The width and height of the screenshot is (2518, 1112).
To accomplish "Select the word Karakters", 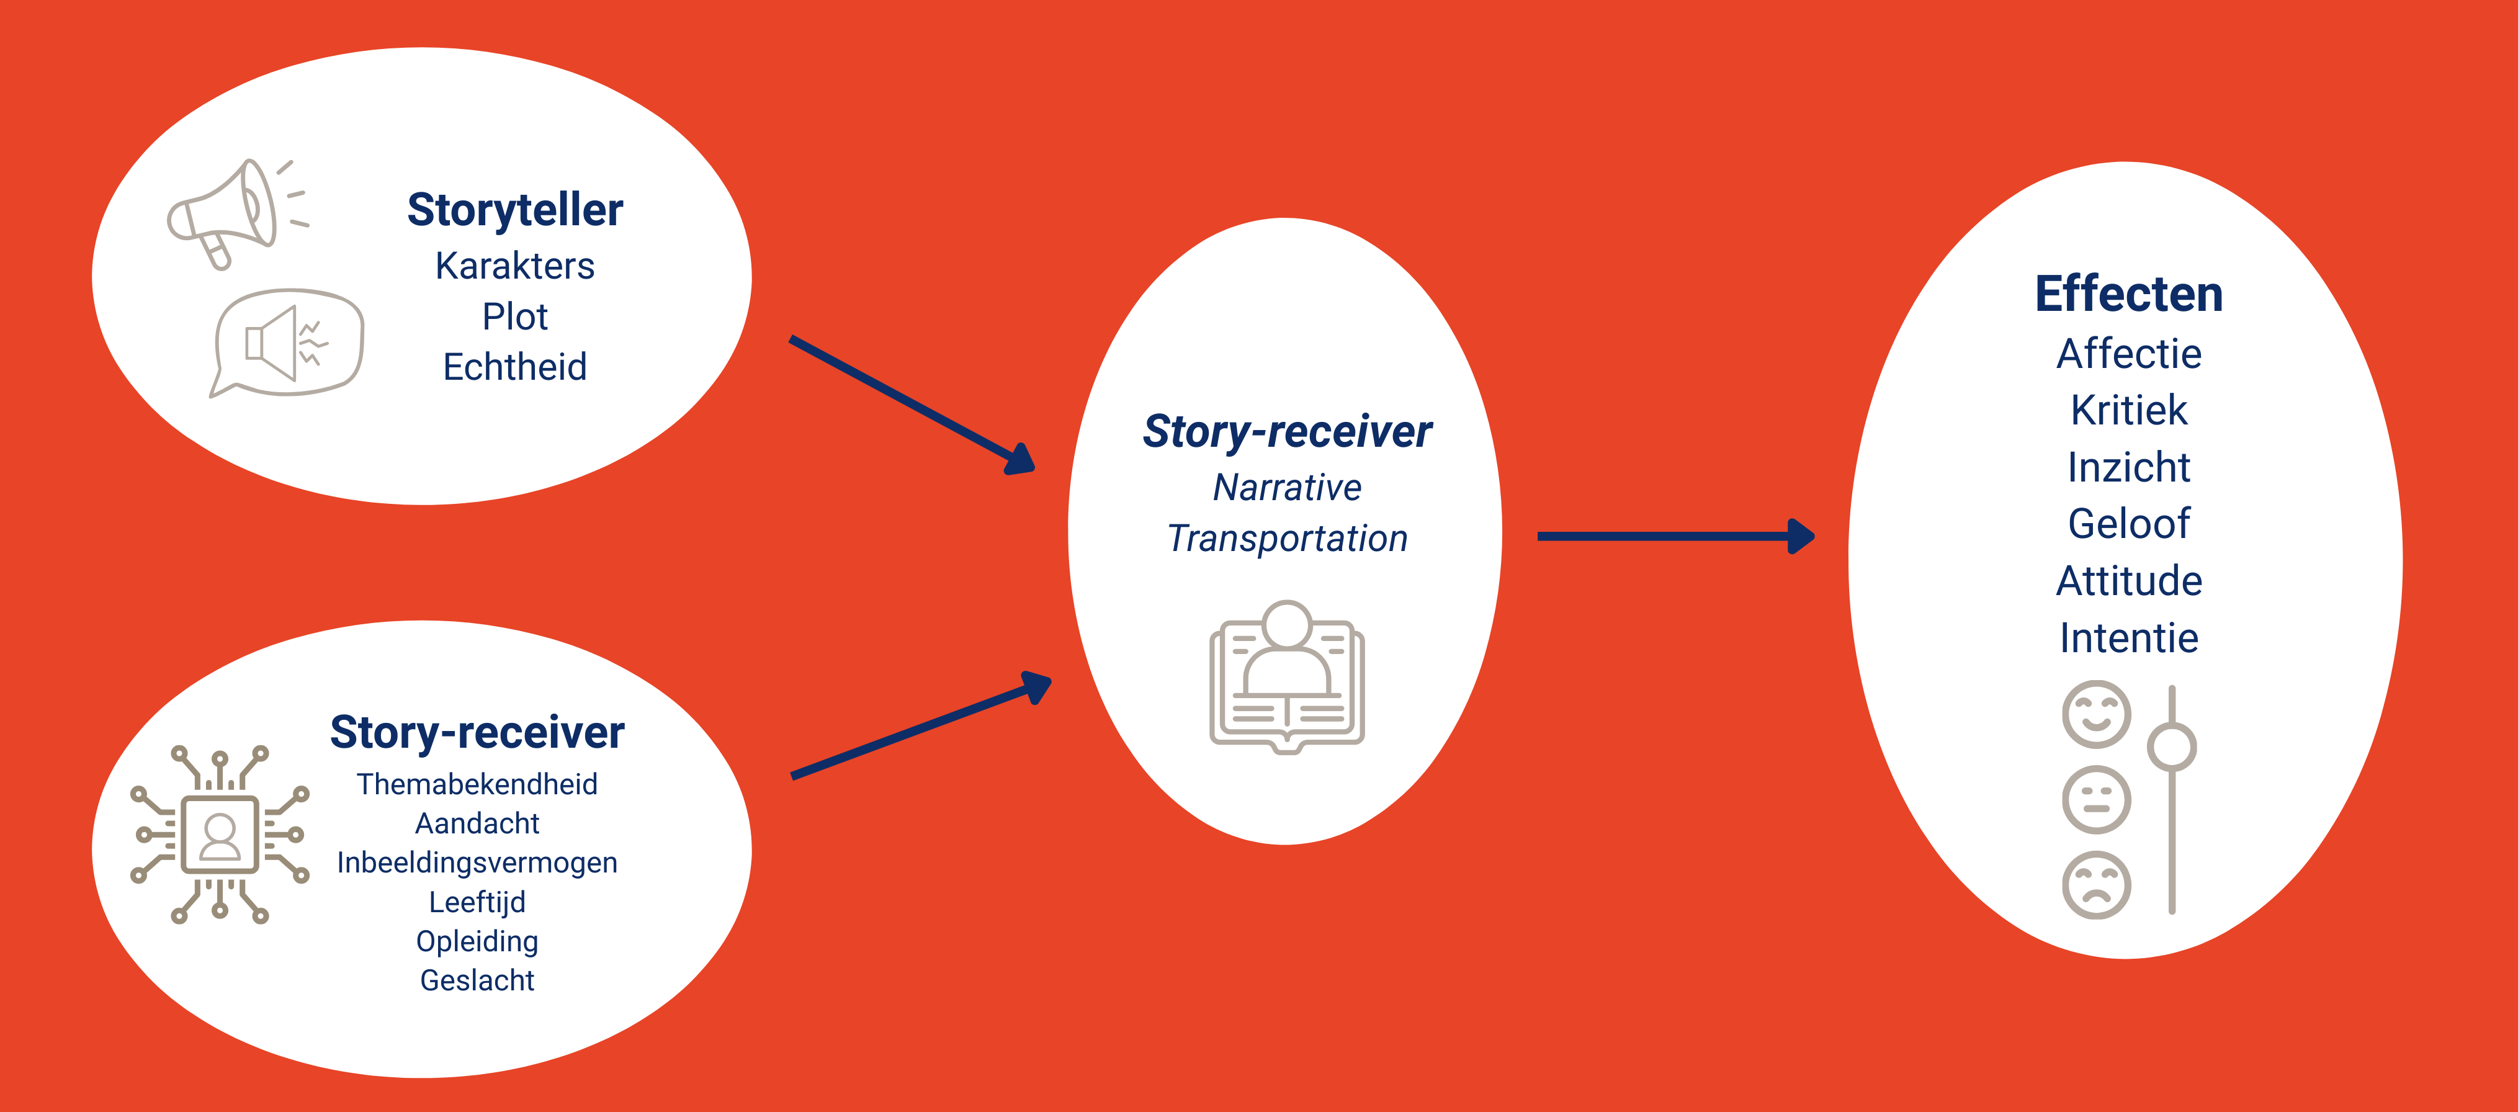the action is (515, 266).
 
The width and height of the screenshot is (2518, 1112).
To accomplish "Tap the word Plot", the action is (515, 316).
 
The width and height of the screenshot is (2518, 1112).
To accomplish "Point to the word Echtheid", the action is (515, 367).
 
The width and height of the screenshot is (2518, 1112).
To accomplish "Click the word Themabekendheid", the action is (477, 784).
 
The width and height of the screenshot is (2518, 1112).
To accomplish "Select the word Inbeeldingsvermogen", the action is (477, 863).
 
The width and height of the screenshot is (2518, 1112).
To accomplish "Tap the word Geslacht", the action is (477, 980).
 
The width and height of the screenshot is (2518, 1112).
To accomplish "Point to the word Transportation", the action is (1288, 539).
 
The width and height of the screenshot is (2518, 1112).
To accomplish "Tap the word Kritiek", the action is (2129, 410).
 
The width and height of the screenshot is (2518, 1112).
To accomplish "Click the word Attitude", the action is (2129, 581).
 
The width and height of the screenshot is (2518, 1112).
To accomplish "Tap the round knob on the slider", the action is (2172, 748).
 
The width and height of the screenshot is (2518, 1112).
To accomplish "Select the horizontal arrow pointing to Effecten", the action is (1675, 537).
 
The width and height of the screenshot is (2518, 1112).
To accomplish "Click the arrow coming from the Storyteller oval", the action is (912, 405).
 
